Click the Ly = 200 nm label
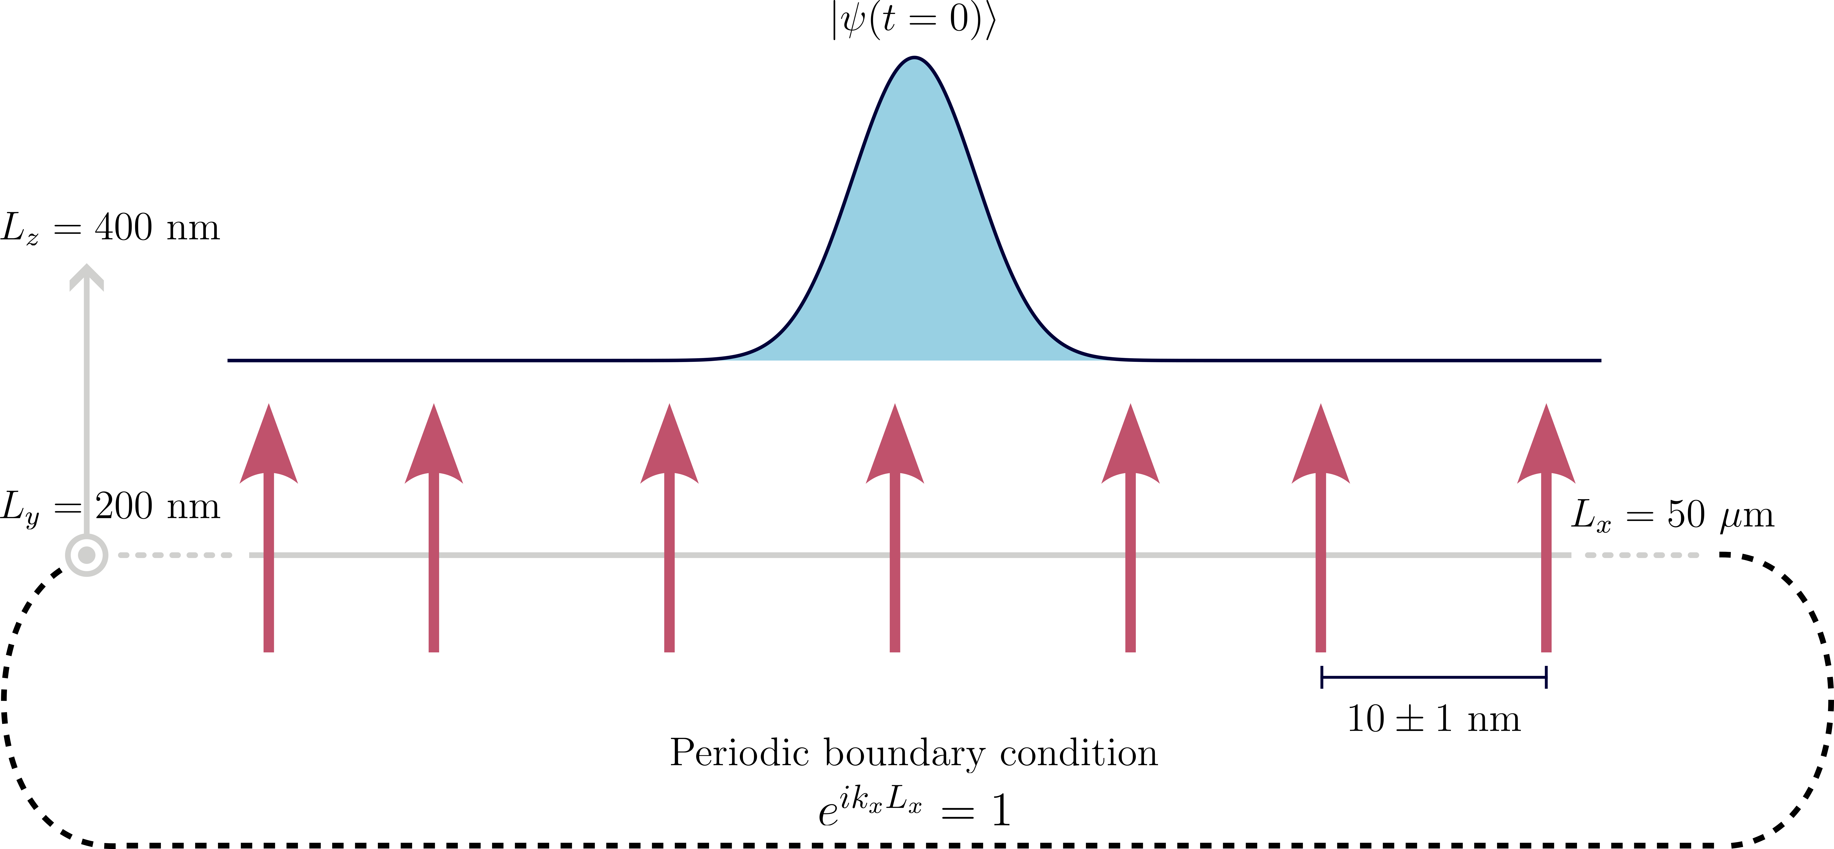(110, 507)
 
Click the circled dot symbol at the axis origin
(86, 555)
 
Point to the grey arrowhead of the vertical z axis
(86, 278)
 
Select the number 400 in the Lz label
(123, 228)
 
